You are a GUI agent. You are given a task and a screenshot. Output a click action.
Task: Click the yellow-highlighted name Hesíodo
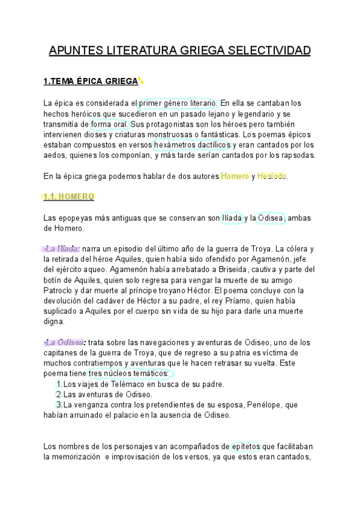[x=272, y=176]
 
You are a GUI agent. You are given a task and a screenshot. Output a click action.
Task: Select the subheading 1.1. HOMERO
[x=70, y=196]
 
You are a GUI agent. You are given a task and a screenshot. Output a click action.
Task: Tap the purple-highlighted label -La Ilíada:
[x=62, y=248]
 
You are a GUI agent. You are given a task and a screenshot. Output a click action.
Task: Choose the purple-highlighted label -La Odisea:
[x=64, y=342]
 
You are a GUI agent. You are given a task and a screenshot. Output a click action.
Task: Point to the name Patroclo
[x=61, y=291]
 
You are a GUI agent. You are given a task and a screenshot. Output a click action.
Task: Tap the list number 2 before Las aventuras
[x=58, y=394]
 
